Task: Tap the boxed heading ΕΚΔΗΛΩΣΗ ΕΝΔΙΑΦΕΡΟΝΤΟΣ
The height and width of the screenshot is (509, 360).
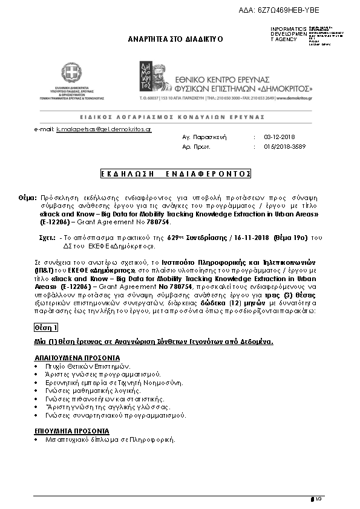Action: tap(175, 173)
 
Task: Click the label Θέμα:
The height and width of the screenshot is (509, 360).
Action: tap(28, 198)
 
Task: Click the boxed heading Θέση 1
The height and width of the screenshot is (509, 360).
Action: tap(46, 327)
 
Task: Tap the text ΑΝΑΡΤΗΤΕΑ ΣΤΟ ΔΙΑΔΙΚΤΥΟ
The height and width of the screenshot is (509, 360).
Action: tap(175, 38)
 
